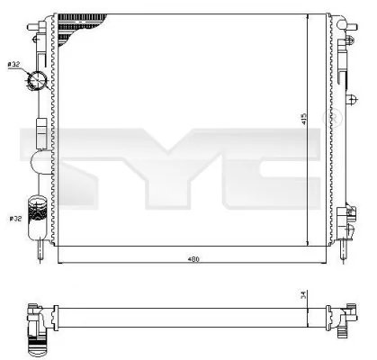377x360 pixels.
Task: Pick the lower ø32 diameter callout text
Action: (15, 218)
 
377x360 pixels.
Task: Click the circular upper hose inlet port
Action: (39, 82)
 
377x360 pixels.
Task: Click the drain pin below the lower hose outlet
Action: (40, 241)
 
